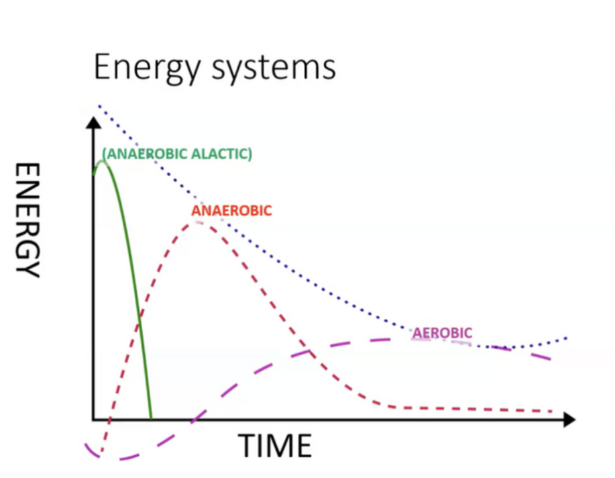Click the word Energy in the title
pyautogui.click(x=147, y=68)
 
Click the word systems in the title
pyautogui.click(x=274, y=68)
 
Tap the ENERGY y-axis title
pyautogui.click(x=28, y=220)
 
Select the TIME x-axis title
pyautogui.click(x=274, y=445)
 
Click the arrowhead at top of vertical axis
pyautogui.click(x=93, y=123)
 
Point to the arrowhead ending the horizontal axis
pyautogui.click(x=569, y=420)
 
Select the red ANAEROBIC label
pyautogui.click(x=231, y=211)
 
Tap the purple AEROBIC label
pyautogui.click(x=443, y=333)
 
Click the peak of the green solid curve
pyautogui.click(x=103, y=161)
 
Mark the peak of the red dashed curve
pyautogui.click(x=197, y=222)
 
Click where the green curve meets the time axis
pyautogui.click(x=151, y=419)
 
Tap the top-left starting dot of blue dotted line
pyautogui.click(x=100, y=106)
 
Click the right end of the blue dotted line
pyautogui.click(x=566, y=338)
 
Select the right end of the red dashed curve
pyautogui.click(x=551, y=411)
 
